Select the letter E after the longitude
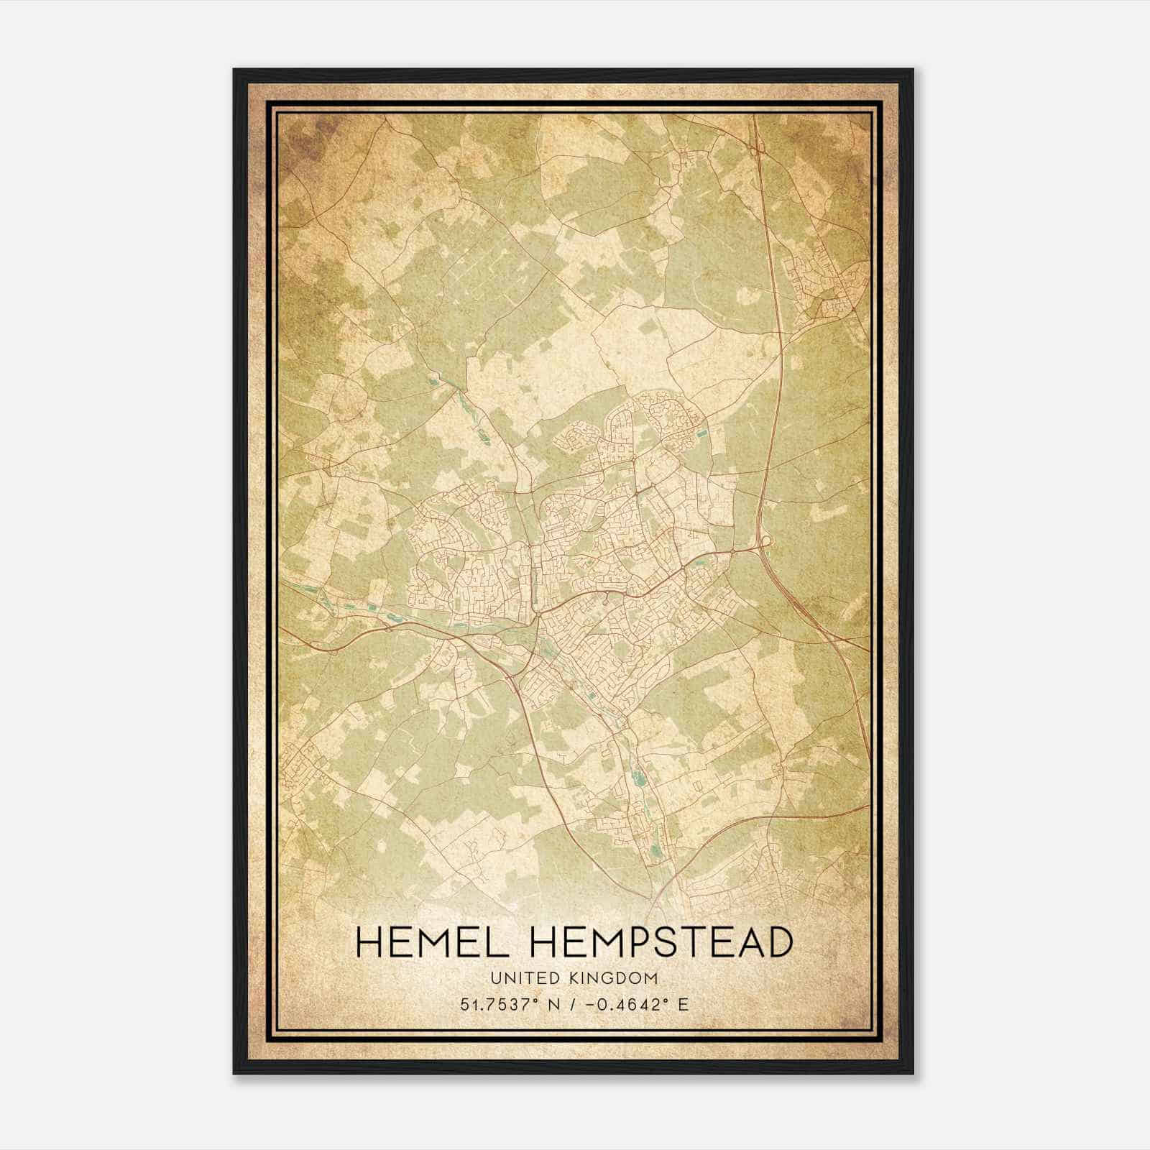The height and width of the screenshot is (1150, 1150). [684, 1004]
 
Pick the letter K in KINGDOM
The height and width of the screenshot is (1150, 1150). [574, 978]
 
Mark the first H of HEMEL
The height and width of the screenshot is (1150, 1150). [369, 942]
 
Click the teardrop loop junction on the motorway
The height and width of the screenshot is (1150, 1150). [766, 540]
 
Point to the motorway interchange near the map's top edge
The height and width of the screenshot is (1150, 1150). [758, 147]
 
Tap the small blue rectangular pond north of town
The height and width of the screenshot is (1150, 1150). [701, 433]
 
